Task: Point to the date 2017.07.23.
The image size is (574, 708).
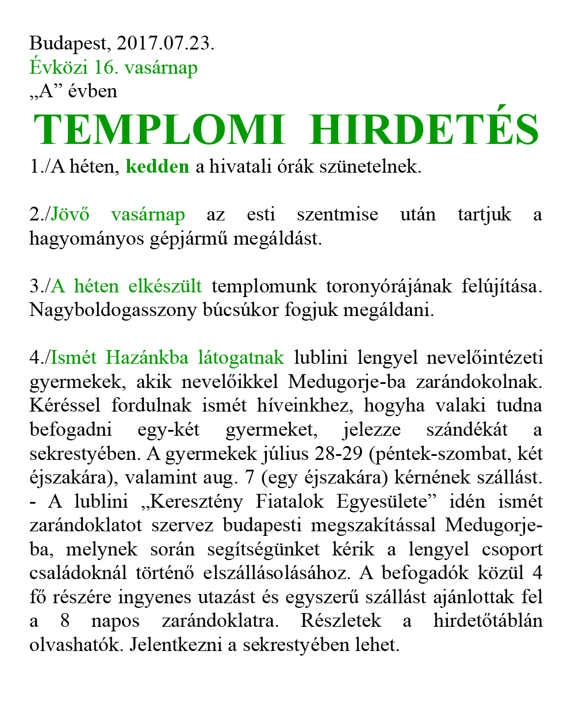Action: (165, 44)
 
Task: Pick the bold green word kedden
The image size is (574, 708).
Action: (157, 167)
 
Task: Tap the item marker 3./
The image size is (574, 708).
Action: (40, 286)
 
